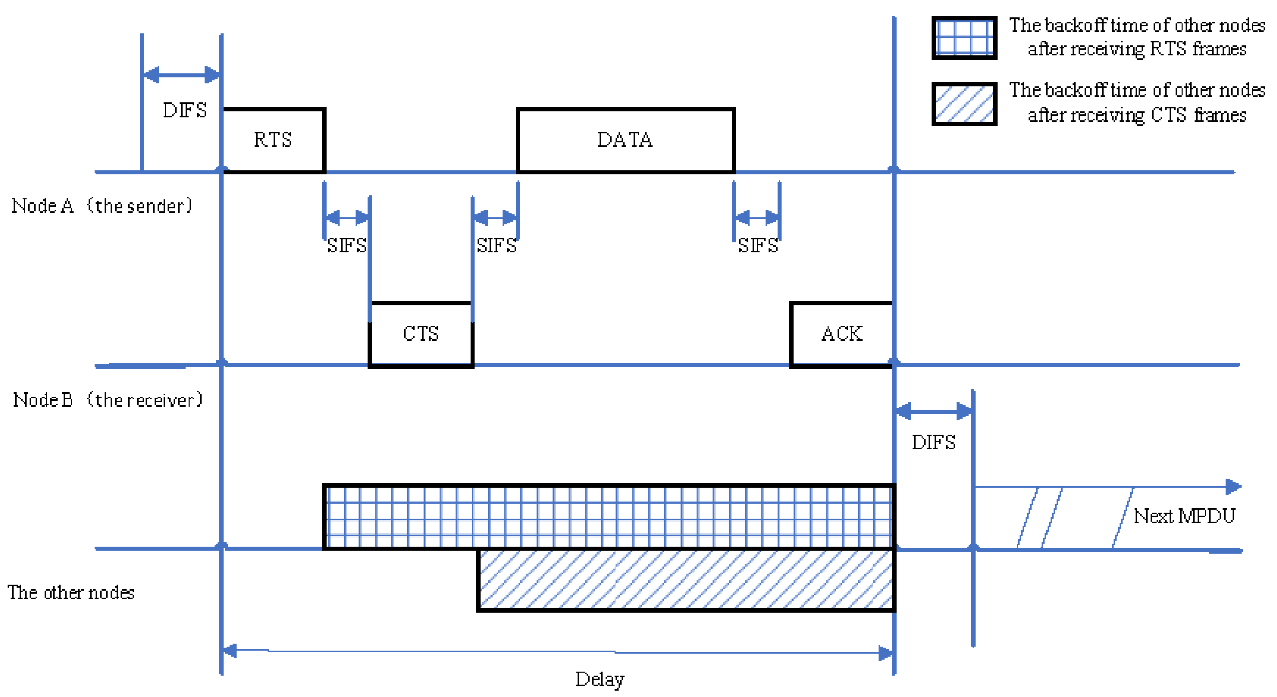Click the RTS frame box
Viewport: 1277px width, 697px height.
(x=273, y=140)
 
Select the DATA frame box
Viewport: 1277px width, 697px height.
(x=625, y=140)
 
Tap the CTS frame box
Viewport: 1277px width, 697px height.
(x=421, y=334)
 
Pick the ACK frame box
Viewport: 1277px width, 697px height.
(x=842, y=334)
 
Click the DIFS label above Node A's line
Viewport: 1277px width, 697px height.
(x=185, y=110)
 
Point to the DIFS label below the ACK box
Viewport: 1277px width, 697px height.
(x=933, y=442)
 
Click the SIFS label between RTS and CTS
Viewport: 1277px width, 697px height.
(x=347, y=246)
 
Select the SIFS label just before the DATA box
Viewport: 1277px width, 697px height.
(x=496, y=246)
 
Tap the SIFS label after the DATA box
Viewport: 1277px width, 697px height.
(x=757, y=246)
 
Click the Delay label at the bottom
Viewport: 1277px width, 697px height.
(x=600, y=679)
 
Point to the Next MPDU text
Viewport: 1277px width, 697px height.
(x=1184, y=516)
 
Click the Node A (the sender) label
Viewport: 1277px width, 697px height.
(x=102, y=205)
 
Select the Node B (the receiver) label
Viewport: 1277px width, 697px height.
(x=108, y=399)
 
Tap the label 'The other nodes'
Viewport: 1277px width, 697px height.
(x=71, y=592)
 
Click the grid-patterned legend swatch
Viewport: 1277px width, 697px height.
(x=964, y=38)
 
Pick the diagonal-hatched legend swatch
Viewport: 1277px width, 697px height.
(x=964, y=104)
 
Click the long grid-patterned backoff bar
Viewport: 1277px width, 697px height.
(x=608, y=517)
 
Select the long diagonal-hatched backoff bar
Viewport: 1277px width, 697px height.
(x=686, y=579)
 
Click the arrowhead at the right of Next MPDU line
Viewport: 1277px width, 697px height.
(x=1233, y=487)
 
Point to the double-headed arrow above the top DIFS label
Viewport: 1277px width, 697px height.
(x=182, y=75)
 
